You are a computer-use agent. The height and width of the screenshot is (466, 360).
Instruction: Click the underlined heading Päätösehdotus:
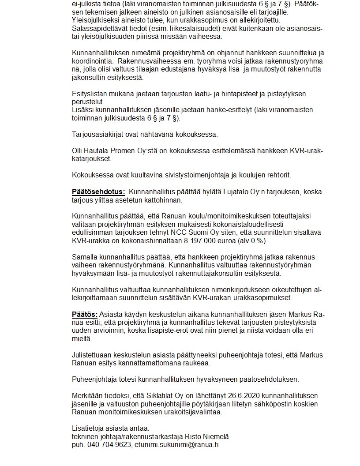click(x=98, y=192)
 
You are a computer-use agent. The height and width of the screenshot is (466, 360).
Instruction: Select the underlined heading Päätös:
click(x=85, y=314)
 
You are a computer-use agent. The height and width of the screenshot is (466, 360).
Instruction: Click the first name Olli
click(x=79, y=151)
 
